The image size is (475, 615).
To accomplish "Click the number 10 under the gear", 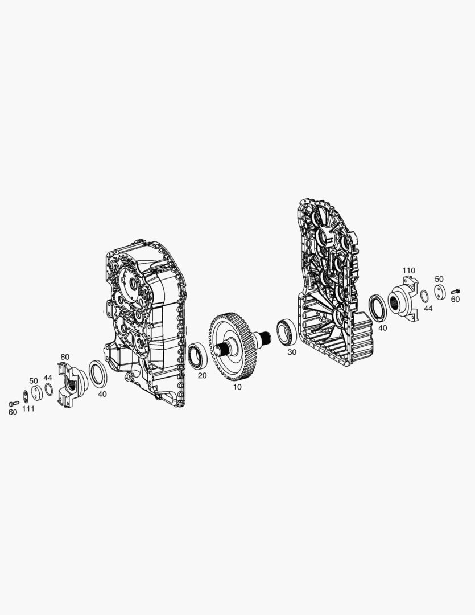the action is (x=237, y=387).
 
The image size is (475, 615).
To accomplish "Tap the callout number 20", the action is (x=202, y=376).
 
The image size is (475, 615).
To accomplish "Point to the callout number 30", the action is (x=292, y=352).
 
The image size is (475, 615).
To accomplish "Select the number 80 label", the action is (x=65, y=357).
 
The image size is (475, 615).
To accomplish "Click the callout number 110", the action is (x=409, y=270).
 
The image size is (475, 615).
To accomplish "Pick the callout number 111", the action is (x=28, y=409).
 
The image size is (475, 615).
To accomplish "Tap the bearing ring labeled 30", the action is (x=287, y=333).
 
